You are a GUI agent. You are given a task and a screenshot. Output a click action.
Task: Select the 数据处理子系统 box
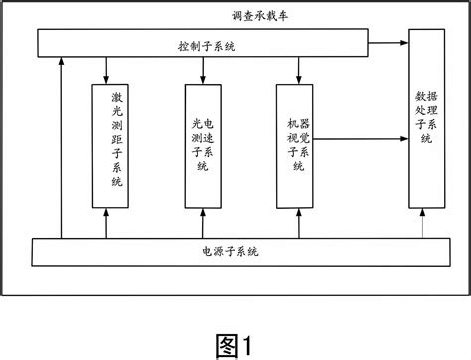coord(425,119)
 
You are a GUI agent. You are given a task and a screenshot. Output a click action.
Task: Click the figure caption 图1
coord(235,342)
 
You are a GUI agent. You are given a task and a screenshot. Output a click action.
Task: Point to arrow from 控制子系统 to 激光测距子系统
coord(107,70)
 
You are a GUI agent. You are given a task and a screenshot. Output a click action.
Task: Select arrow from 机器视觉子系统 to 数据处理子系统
coord(364,141)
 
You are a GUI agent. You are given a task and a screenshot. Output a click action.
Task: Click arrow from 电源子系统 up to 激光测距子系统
coord(107,223)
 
